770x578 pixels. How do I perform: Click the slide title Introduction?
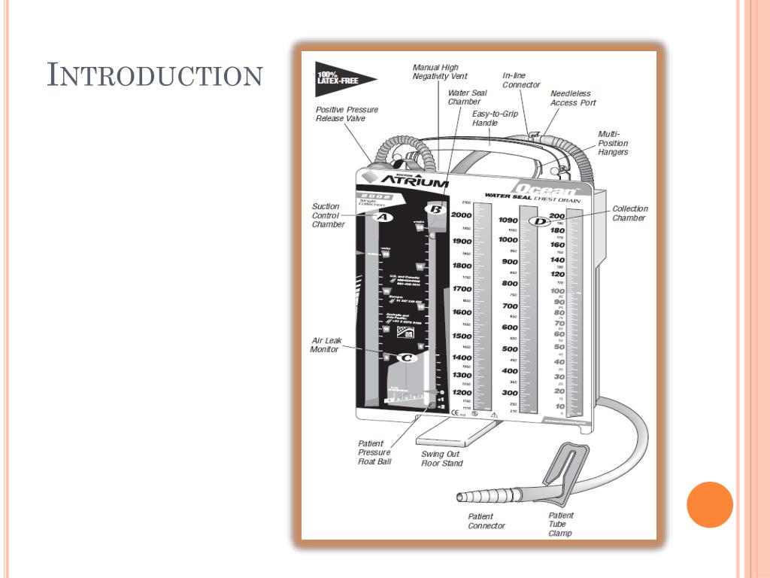tap(155, 75)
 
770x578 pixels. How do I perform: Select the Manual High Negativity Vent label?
tap(440, 72)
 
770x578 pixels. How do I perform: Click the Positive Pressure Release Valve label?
tap(347, 114)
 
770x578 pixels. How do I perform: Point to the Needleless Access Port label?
tap(573, 99)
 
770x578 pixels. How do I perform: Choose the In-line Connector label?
tap(521, 81)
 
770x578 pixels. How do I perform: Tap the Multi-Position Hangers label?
tap(613, 143)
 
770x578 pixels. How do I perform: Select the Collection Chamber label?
tap(629, 214)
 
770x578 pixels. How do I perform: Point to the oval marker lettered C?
tap(405, 358)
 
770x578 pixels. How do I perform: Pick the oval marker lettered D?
tap(538, 221)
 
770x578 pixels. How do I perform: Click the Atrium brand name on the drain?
tap(414, 181)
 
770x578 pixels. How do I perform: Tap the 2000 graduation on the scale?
tap(461, 215)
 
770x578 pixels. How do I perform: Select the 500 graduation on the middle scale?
tap(510, 349)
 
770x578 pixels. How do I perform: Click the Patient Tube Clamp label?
tap(560, 525)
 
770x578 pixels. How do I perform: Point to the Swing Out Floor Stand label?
tap(441, 459)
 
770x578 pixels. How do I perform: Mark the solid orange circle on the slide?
tap(710, 504)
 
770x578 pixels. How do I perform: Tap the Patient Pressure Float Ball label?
tap(374, 452)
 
